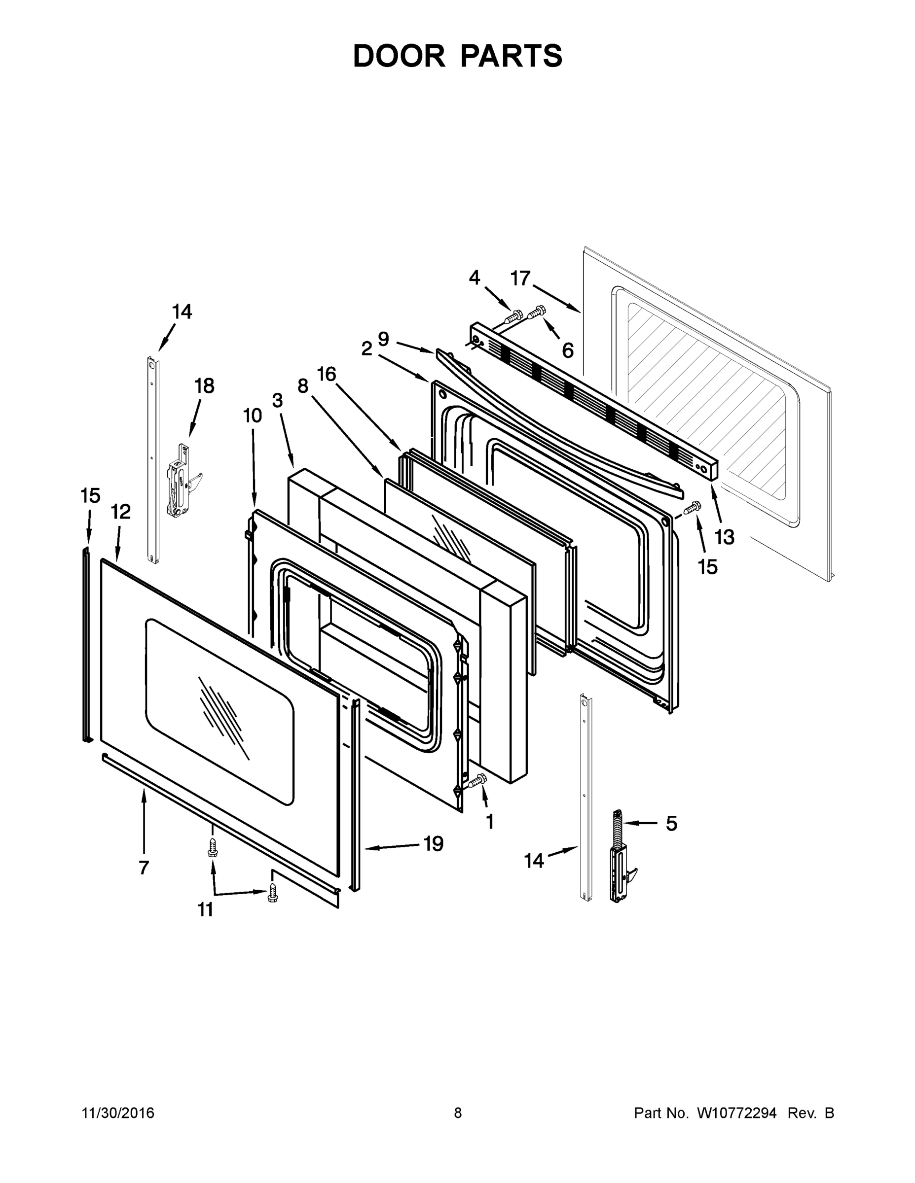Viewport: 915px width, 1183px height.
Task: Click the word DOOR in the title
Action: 399,56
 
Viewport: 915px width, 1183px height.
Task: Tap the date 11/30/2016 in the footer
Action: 118,1113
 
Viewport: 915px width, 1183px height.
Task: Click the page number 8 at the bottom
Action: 458,1113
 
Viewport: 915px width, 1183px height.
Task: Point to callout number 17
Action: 520,278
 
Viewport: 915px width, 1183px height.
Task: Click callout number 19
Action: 433,843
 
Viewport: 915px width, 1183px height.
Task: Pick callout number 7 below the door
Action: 143,867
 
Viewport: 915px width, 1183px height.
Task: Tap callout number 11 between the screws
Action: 205,910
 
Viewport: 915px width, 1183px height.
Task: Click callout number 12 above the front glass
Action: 121,511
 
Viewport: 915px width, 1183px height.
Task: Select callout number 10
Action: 252,416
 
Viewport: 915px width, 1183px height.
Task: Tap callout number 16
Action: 327,374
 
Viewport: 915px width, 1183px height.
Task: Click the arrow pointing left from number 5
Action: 639,823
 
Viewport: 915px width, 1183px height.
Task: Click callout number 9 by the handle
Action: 383,339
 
